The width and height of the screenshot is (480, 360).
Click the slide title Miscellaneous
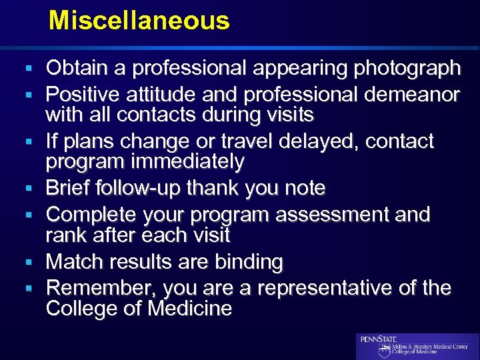click(x=139, y=21)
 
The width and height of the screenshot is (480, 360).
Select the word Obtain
click(x=75, y=68)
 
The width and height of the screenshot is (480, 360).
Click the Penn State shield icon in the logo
click(x=385, y=351)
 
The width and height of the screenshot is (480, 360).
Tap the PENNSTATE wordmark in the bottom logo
click(x=378, y=339)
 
